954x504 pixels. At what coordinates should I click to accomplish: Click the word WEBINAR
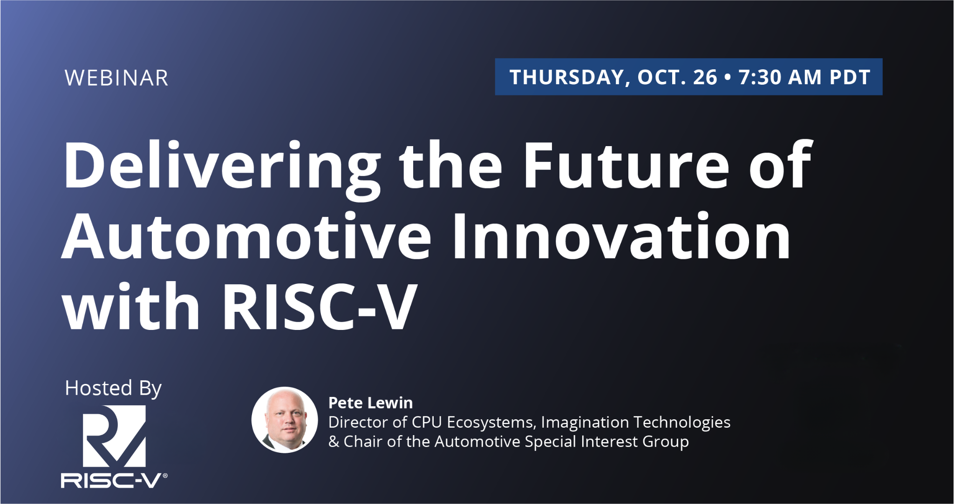coord(116,78)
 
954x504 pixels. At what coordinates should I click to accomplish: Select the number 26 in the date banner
coord(705,77)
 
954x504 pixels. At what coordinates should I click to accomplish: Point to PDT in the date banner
coord(850,77)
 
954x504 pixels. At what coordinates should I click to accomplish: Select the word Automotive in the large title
coord(246,236)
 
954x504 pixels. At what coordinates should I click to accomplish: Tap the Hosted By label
coord(113,388)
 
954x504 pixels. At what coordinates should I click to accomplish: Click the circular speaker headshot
coord(285,420)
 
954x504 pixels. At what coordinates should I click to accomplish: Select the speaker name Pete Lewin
coord(370,403)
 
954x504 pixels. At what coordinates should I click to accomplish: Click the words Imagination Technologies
coord(635,422)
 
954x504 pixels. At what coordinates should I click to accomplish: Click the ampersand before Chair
coord(334,442)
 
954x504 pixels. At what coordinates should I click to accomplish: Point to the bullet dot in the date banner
coord(728,78)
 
